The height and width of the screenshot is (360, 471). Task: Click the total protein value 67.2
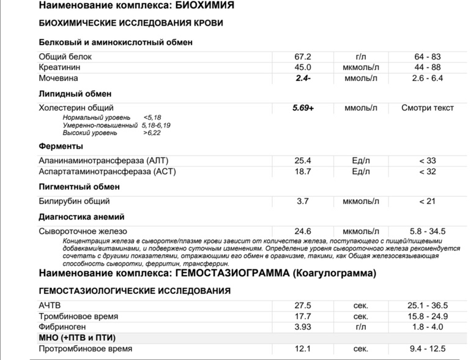303,56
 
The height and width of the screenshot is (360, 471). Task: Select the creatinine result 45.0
303,67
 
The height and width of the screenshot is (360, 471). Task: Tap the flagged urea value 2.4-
303,78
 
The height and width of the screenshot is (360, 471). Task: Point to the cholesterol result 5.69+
303,108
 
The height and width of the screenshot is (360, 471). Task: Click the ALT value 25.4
303,160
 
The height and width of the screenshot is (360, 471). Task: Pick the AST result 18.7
303,171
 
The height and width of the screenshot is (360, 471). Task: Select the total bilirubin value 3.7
303,201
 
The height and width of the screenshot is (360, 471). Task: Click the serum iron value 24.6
303,231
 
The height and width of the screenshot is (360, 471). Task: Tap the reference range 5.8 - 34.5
428,231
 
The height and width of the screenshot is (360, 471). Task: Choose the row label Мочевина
58,78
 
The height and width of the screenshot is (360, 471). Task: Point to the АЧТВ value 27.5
303,305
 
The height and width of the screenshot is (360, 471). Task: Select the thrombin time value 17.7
303,316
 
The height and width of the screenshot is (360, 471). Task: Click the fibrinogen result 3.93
303,327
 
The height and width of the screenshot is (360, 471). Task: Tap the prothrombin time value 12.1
303,349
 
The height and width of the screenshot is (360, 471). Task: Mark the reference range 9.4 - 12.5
428,349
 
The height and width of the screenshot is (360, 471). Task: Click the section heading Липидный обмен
75,94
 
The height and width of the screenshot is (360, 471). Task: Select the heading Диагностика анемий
81,216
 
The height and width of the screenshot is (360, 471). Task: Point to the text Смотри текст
428,108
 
